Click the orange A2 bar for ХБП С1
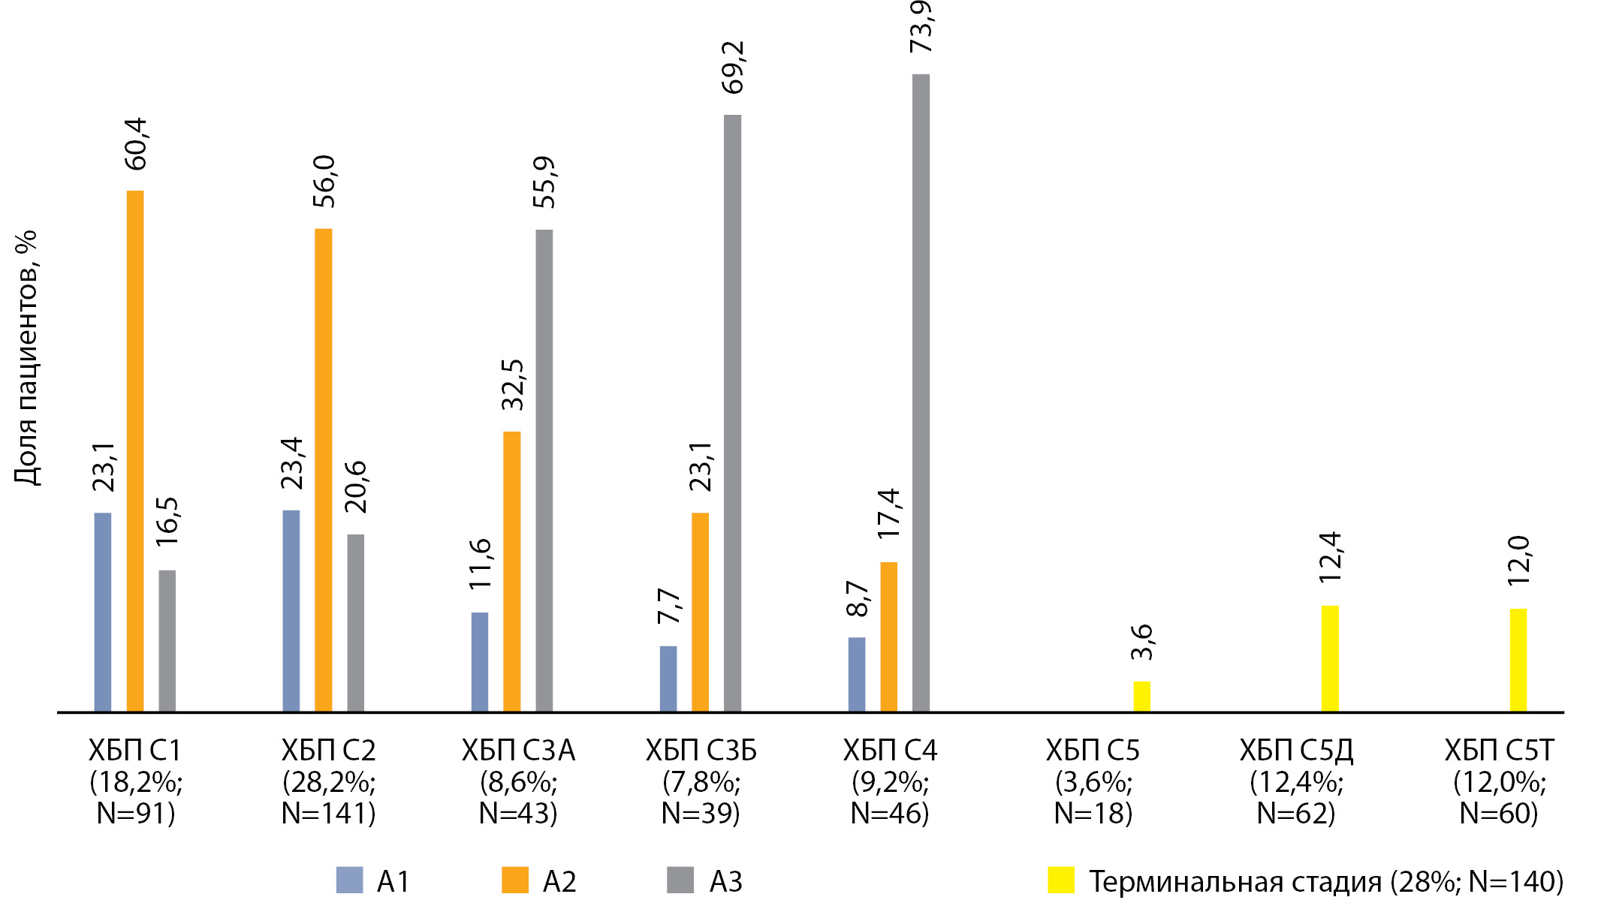click(x=135, y=450)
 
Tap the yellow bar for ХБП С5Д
click(x=1330, y=658)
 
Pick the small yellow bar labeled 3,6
click(x=1141, y=696)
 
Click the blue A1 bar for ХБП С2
click(x=291, y=610)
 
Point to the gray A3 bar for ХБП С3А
click(x=544, y=470)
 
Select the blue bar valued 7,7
click(x=668, y=678)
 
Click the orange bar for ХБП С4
click(x=888, y=636)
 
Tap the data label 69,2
click(x=732, y=68)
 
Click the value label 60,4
click(x=136, y=144)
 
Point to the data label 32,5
click(x=513, y=384)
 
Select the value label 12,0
click(x=1518, y=561)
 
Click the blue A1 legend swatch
click(x=349, y=880)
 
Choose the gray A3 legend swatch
click(x=680, y=880)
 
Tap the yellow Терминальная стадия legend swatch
click(x=1060, y=880)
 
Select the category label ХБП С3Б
click(x=701, y=750)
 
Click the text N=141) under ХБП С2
click(x=328, y=813)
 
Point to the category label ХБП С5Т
click(x=1499, y=750)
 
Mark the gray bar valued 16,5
click(x=167, y=640)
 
